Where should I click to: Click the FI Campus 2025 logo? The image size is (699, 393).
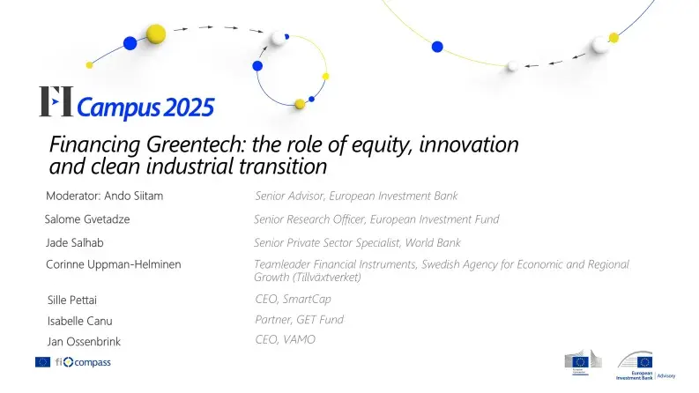(126, 104)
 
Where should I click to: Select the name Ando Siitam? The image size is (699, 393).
(132, 196)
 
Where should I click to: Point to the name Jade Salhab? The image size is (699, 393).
(77, 242)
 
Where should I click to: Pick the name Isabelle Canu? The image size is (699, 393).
(81, 321)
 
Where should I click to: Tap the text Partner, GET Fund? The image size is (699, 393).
(299, 319)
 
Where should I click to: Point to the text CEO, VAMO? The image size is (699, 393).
(285, 339)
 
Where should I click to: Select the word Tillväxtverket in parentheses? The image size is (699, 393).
(323, 277)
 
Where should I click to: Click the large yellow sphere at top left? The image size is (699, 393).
(156, 34)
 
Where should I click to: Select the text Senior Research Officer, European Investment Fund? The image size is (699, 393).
(376, 219)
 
